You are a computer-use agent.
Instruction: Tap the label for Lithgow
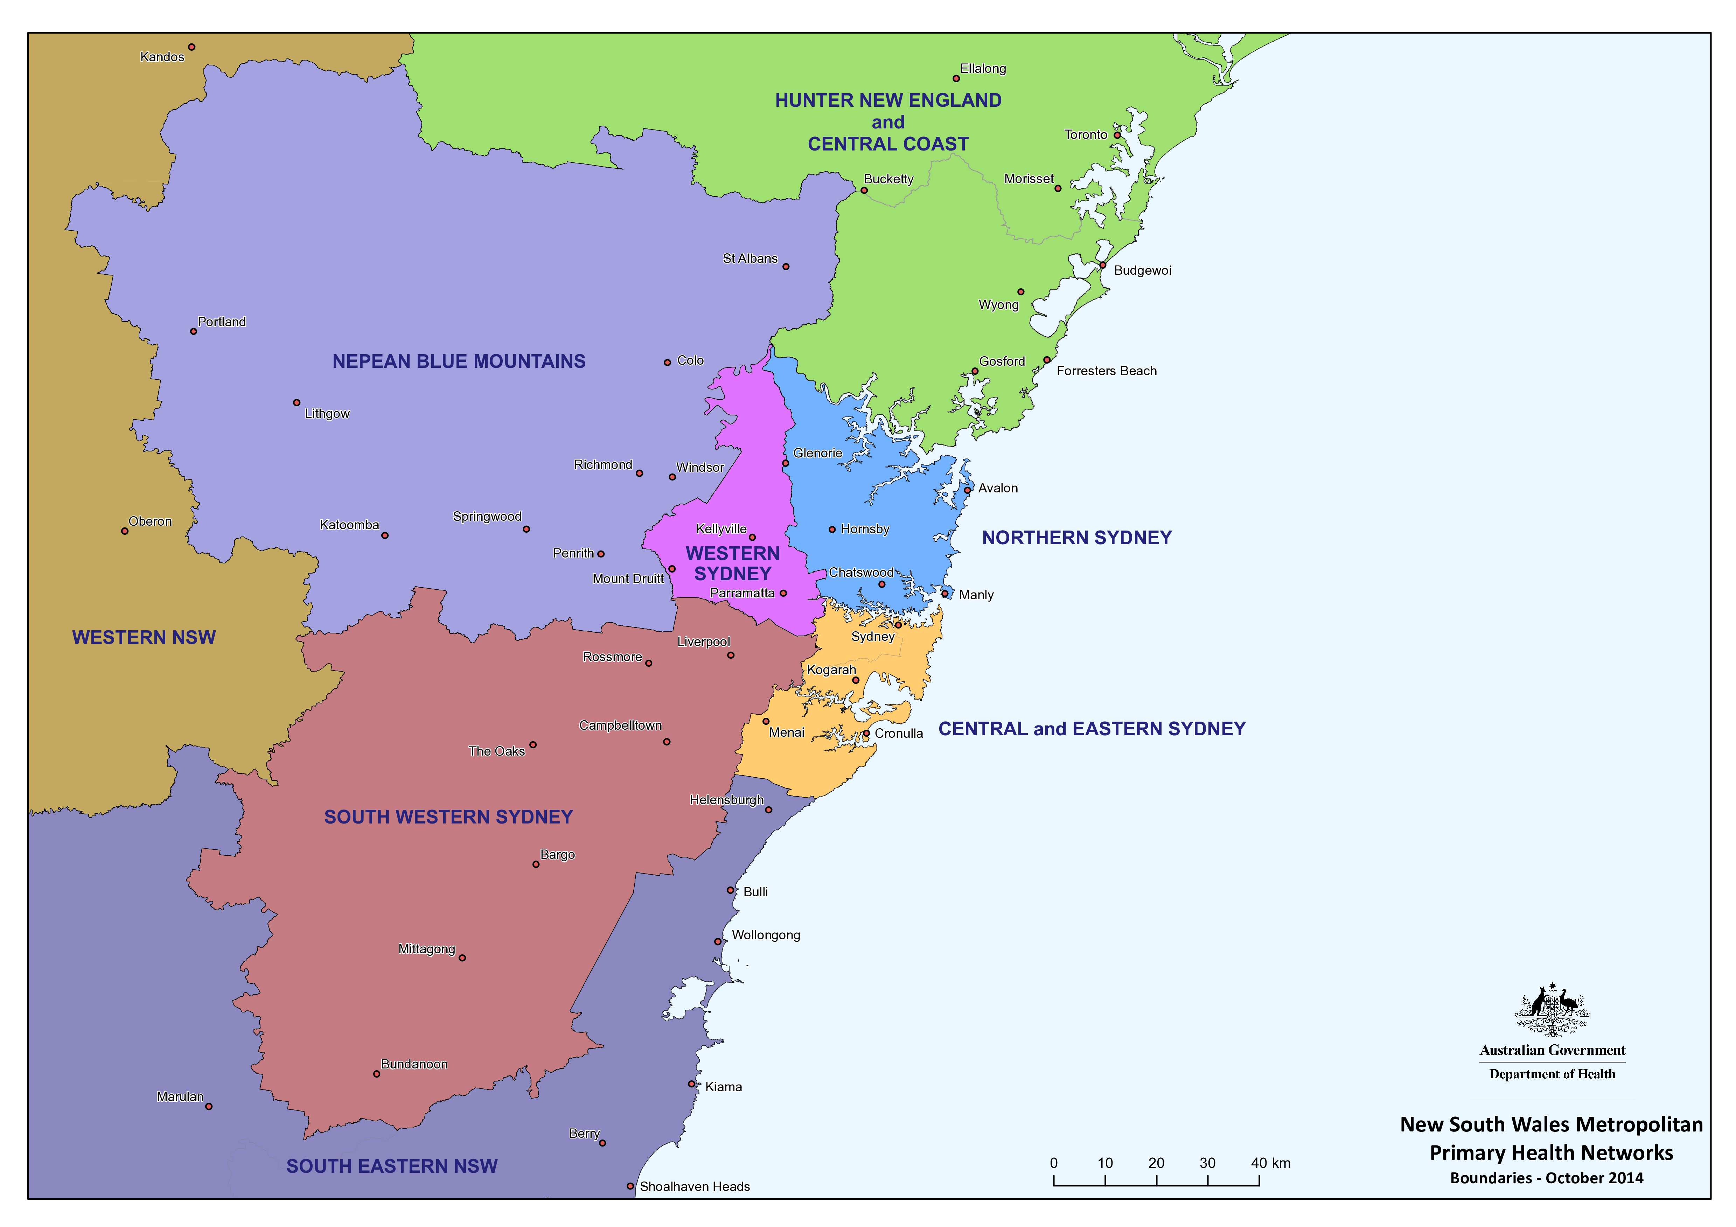point(327,414)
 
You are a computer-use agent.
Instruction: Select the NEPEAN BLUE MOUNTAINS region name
point(459,362)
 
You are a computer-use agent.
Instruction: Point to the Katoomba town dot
point(385,535)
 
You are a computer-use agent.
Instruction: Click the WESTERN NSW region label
point(144,637)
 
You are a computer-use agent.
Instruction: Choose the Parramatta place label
point(742,594)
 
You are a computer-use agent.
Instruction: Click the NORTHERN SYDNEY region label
point(1077,538)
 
